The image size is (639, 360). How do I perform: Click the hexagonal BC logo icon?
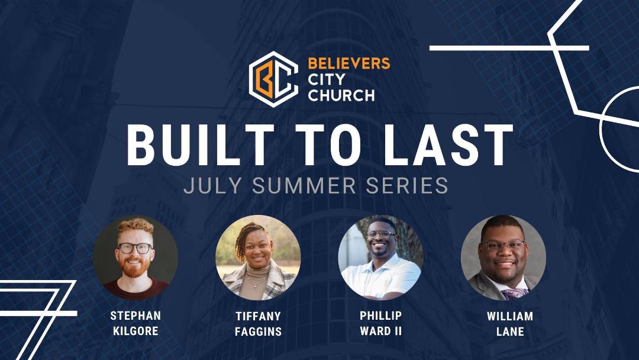tap(273, 79)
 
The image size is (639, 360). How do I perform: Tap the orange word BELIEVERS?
tap(349, 63)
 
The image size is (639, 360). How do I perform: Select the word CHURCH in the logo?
tap(341, 95)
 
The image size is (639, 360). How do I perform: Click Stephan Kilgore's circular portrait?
tap(135, 258)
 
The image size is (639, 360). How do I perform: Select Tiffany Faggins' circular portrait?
tap(258, 258)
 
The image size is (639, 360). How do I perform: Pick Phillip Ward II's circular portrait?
tap(380, 258)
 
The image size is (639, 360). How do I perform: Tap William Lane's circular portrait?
tap(504, 258)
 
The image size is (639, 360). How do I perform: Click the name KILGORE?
tap(135, 330)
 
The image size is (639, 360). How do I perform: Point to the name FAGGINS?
tap(258, 332)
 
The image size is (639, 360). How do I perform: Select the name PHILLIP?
tap(380, 316)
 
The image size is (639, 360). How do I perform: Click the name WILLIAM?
tap(510, 316)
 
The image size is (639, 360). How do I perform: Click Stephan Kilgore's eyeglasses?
tap(135, 248)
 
